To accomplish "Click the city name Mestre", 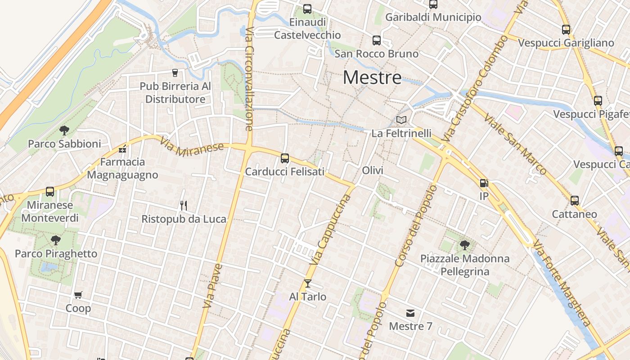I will tap(372, 77).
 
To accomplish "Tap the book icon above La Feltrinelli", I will tap(401, 120).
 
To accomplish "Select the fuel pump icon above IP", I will tap(484, 183).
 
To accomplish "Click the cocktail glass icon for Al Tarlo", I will tap(308, 283).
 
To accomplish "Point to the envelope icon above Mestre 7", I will tap(410, 313).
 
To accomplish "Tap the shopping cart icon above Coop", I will tap(78, 295).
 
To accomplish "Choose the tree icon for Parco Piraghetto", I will tap(56, 240).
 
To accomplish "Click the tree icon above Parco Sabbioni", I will tap(64, 130).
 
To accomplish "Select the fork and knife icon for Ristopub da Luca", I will tap(184, 206).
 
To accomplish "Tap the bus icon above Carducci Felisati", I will tap(285, 158).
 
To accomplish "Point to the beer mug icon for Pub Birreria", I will tap(175, 72).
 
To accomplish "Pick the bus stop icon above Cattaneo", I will tap(575, 200).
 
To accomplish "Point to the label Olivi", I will tap(373, 171).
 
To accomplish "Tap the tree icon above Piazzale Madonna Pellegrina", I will tap(465, 245).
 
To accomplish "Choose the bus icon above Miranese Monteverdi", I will tap(50, 192).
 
